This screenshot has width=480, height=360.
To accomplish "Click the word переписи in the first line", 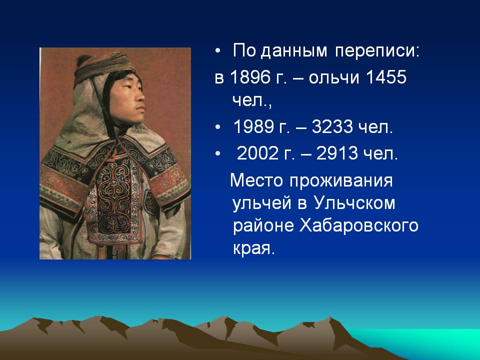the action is pyautogui.click(x=377, y=51).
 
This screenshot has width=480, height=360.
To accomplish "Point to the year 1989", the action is pyautogui.click(x=253, y=126).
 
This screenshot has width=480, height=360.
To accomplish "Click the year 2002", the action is pyautogui.click(x=257, y=153).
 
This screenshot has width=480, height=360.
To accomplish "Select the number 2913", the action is pyautogui.click(x=336, y=153).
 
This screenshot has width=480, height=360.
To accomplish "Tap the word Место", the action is pyautogui.click(x=256, y=180).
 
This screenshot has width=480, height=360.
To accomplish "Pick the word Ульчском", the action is pyautogui.click(x=354, y=203).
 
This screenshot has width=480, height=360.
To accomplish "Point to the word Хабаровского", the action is pyautogui.click(x=359, y=226).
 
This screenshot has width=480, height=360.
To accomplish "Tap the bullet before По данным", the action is pyautogui.click(x=217, y=51).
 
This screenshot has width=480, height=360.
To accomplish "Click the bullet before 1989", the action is pyautogui.click(x=217, y=127).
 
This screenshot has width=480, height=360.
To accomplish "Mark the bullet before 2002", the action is pyautogui.click(x=217, y=153).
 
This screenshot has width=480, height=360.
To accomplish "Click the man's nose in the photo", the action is pyautogui.click(x=141, y=98).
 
